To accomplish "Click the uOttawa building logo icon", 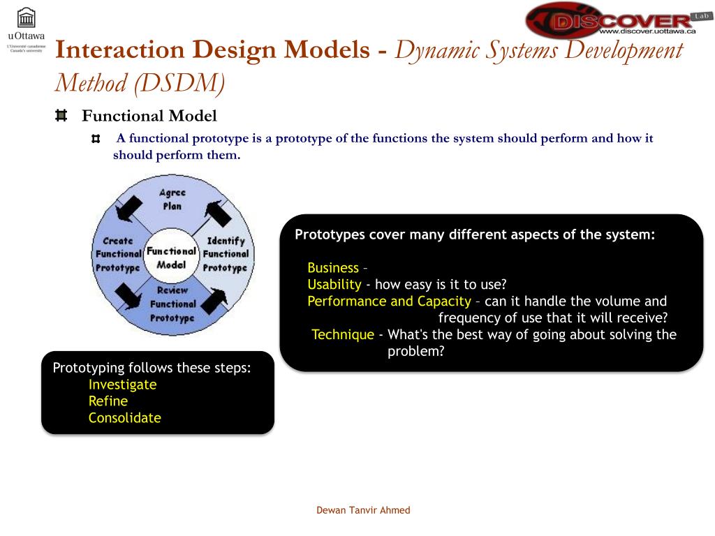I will [26, 18].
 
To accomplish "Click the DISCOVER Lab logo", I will [611, 20].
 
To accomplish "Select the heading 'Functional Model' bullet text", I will [149, 116].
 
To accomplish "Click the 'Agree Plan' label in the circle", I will [172, 200].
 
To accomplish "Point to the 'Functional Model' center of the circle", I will [171, 258].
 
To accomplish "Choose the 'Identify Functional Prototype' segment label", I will [225, 254].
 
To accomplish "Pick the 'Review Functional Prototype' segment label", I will [172, 304].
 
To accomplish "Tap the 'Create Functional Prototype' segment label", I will [118, 254].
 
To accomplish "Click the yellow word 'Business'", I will [332, 268].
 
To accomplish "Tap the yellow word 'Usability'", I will [334, 285].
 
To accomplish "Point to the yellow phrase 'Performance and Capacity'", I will [389, 301].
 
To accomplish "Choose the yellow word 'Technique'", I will [343, 335].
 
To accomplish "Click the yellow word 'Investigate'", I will [122, 385].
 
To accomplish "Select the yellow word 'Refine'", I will [108, 401].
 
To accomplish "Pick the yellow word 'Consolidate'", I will [124, 418].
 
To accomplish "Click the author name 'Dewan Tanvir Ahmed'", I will [363, 510].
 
